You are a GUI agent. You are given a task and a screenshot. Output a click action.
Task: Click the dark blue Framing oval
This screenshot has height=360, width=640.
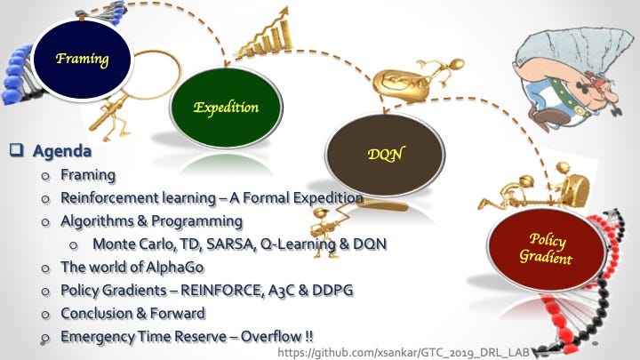point(82,60)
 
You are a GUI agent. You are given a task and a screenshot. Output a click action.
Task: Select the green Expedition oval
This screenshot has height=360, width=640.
point(226,108)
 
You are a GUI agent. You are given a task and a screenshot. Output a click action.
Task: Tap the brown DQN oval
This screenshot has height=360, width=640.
point(385,155)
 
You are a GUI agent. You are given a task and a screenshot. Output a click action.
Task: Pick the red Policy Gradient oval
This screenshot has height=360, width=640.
point(546,249)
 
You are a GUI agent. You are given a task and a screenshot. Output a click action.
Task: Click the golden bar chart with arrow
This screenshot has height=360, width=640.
point(268,35)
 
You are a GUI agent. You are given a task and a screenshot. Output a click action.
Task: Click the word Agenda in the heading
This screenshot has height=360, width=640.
point(62,151)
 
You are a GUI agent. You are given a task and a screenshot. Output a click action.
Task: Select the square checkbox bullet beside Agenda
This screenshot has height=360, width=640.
point(16,149)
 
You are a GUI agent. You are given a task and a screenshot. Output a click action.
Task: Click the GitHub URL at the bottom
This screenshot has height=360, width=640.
point(404,352)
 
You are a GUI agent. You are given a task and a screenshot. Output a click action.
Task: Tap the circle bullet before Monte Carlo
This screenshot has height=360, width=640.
point(74,245)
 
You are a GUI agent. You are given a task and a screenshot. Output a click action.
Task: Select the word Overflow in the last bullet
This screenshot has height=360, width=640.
point(271,337)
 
